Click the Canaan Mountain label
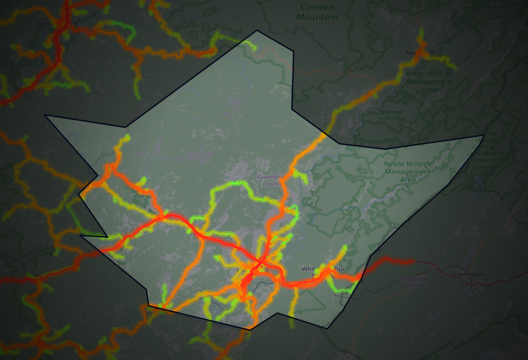pyautogui.click(x=317, y=12)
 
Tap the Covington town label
pyautogui.click(x=468, y=274)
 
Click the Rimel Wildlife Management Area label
pyautogui.click(x=429, y=81)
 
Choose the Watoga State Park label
pyautogui.click(x=391, y=115)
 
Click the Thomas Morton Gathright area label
pyautogui.click(x=486, y=150)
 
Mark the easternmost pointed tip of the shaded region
pyautogui.click(x=484, y=136)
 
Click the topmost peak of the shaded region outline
pyautogui.click(x=257, y=30)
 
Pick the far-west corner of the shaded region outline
pyautogui.click(x=44, y=115)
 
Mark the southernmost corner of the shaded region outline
pyautogui.click(x=249, y=330)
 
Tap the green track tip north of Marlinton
pyautogui.click(x=421, y=31)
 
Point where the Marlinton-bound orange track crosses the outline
pyautogui.click(x=324, y=134)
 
